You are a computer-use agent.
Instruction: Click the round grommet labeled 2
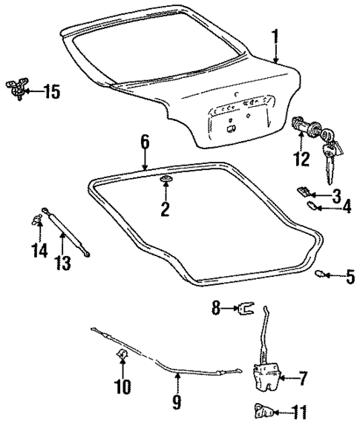[x=165, y=182]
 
